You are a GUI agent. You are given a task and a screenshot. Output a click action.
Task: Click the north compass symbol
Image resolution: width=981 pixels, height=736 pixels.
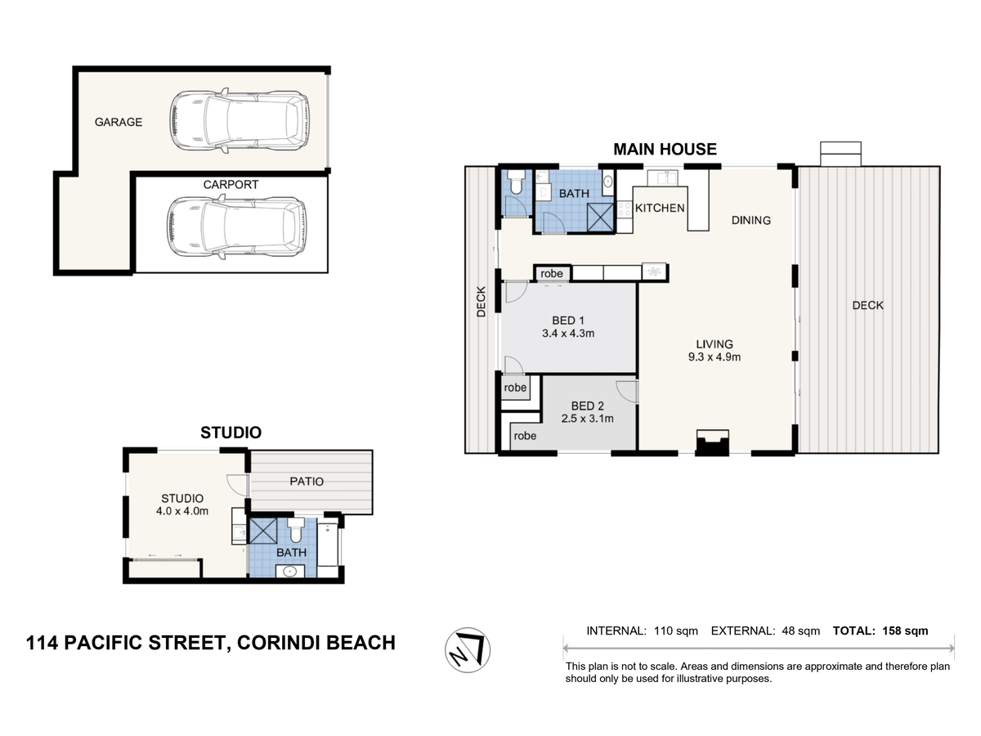(x=467, y=650)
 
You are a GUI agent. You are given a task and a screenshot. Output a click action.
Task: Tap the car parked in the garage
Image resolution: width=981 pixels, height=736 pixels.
(x=239, y=121)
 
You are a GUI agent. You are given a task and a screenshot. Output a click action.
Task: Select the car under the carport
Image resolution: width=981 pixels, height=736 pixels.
(x=237, y=227)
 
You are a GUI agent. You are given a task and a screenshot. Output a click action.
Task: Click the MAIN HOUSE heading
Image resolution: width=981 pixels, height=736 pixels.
(x=665, y=150)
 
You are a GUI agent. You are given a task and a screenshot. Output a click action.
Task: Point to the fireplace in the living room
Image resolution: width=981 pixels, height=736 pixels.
(x=713, y=442)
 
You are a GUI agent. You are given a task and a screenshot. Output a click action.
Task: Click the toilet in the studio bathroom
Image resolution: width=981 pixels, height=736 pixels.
(x=295, y=530)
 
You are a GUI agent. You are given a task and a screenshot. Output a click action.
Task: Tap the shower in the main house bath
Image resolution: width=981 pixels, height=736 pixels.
(x=600, y=218)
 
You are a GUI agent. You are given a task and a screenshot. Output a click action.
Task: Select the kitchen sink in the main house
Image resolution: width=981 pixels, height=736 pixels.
(x=662, y=177)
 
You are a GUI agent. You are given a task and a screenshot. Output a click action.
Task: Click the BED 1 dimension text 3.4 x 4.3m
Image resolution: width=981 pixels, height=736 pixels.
(x=568, y=334)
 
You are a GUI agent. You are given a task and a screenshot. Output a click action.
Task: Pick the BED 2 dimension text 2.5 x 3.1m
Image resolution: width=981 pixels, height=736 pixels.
(x=587, y=419)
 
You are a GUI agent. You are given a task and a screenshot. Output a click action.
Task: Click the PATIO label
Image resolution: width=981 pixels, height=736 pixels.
(x=307, y=482)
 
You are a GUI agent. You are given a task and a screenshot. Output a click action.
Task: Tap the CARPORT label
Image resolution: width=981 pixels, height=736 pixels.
(x=231, y=185)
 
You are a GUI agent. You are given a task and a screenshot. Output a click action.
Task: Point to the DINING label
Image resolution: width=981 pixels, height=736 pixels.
(x=750, y=220)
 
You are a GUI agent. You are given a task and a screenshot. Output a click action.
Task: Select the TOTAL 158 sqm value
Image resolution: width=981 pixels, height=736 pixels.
(x=905, y=631)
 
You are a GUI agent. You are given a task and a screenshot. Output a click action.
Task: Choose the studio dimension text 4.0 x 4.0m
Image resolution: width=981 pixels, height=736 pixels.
(x=182, y=511)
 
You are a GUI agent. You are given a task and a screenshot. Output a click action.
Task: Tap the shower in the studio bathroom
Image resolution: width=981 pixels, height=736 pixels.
(x=263, y=531)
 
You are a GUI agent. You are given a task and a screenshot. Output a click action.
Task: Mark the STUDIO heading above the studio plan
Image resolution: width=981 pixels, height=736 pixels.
(x=231, y=433)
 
